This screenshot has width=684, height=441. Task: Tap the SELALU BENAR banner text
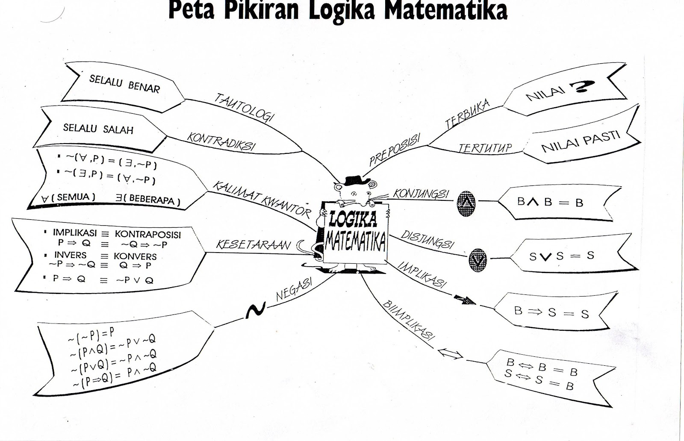click(x=124, y=84)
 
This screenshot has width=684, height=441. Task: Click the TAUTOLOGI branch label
click(x=244, y=107)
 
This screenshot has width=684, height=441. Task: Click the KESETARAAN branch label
click(x=253, y=244)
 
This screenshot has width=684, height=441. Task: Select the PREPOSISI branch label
click(x=394, y=149)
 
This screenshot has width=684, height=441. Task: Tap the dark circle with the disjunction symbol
click(x=477, y=260)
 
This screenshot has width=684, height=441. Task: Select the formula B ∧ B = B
click(x=550, y=202)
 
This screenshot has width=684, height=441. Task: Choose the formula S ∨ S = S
click(x=562, y=256)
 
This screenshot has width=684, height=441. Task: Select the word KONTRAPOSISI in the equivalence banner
click(x=147, y=235)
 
